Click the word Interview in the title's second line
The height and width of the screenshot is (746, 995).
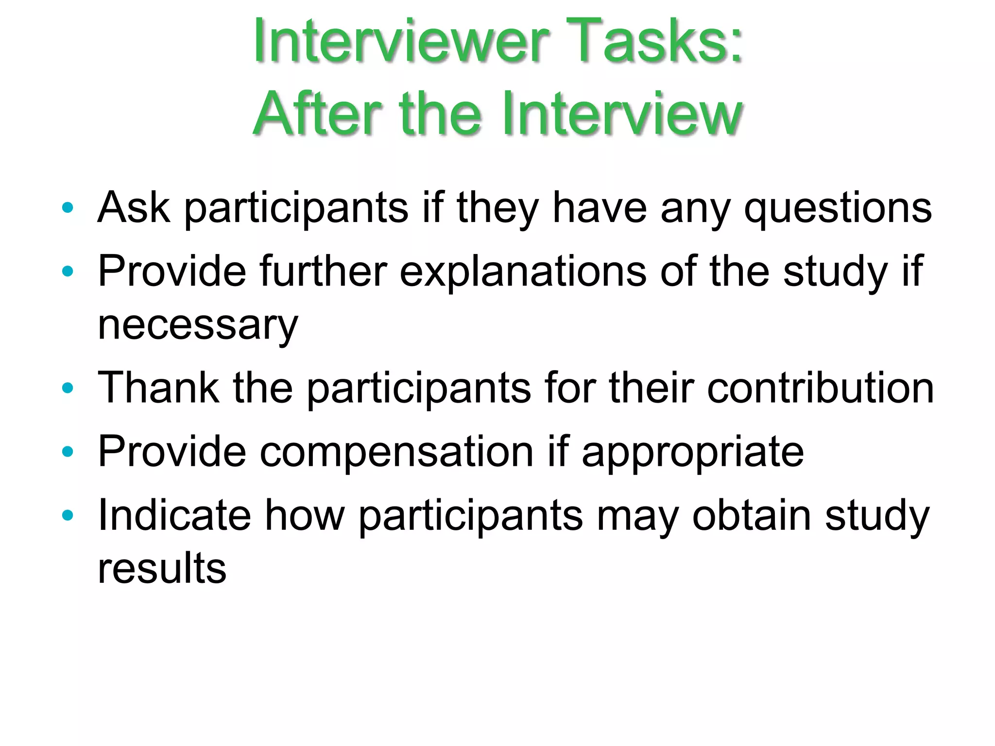(621, 114)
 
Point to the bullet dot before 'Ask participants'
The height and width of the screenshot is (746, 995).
(68, 208)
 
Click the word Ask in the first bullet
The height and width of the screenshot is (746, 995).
(134, 208)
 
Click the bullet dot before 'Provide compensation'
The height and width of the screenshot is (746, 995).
(68, 452)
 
